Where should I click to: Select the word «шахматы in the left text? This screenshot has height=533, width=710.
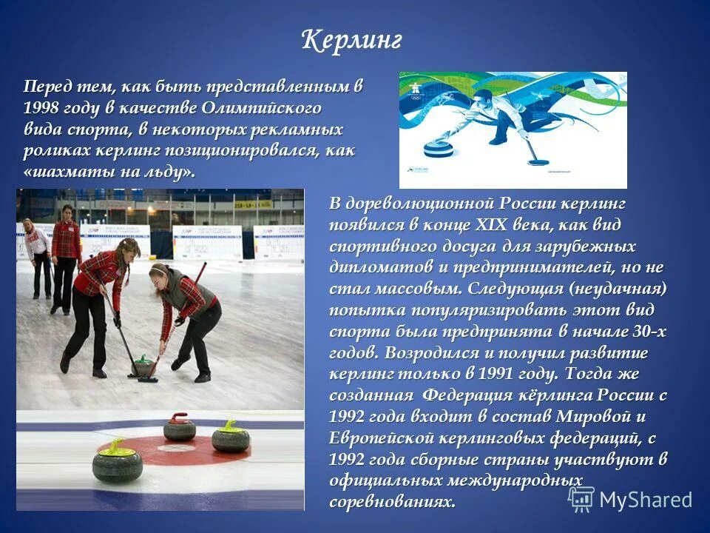[x=64, y=172]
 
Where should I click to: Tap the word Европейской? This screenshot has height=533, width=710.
[x=376, y=438]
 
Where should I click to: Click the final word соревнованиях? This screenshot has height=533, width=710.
[x=392, y=501]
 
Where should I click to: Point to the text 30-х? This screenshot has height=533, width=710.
[x=645, y=331]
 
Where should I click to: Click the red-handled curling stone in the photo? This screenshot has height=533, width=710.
[x=179, y=427]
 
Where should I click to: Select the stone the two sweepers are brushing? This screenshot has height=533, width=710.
[x=142, y=366]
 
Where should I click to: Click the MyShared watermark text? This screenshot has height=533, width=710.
[x=645, y=500]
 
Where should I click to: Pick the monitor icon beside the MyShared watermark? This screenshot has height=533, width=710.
[x=581, y=499]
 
